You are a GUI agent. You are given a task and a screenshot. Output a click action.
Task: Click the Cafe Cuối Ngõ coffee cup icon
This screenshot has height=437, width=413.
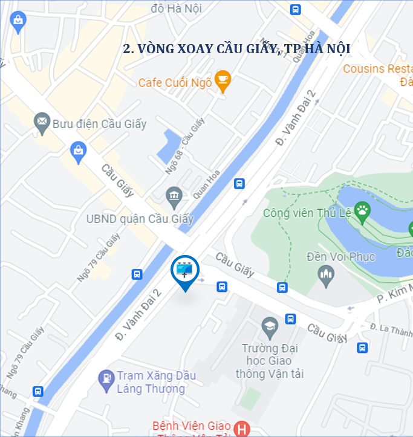(x=223, y=80)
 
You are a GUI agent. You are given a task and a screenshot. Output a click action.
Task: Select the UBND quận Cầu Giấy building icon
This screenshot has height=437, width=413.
(x=174, y=195)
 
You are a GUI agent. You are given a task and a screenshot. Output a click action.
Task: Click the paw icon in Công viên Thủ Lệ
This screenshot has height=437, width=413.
(x=362, y=210)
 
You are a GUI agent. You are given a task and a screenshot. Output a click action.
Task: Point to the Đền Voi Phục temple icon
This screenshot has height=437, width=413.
(x=327, y=276)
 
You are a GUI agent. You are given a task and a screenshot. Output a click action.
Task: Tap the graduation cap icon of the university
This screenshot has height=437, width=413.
(x=270, y=328)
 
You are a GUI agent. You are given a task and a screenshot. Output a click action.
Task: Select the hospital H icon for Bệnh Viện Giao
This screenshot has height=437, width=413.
(x=242, y=428)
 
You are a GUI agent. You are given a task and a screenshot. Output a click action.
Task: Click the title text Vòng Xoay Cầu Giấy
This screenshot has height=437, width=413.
(x=236, y=49)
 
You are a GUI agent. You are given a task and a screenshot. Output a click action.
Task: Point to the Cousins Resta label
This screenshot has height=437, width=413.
(x=377, y=68)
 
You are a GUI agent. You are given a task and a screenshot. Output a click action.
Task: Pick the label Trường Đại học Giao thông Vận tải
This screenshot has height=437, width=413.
(x=273, y=361)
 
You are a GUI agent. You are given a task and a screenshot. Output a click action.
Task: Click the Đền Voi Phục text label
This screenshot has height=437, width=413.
(x=340, y=256)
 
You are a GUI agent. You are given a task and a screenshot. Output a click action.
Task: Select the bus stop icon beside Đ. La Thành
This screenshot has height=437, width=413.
(x=362, y=348)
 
